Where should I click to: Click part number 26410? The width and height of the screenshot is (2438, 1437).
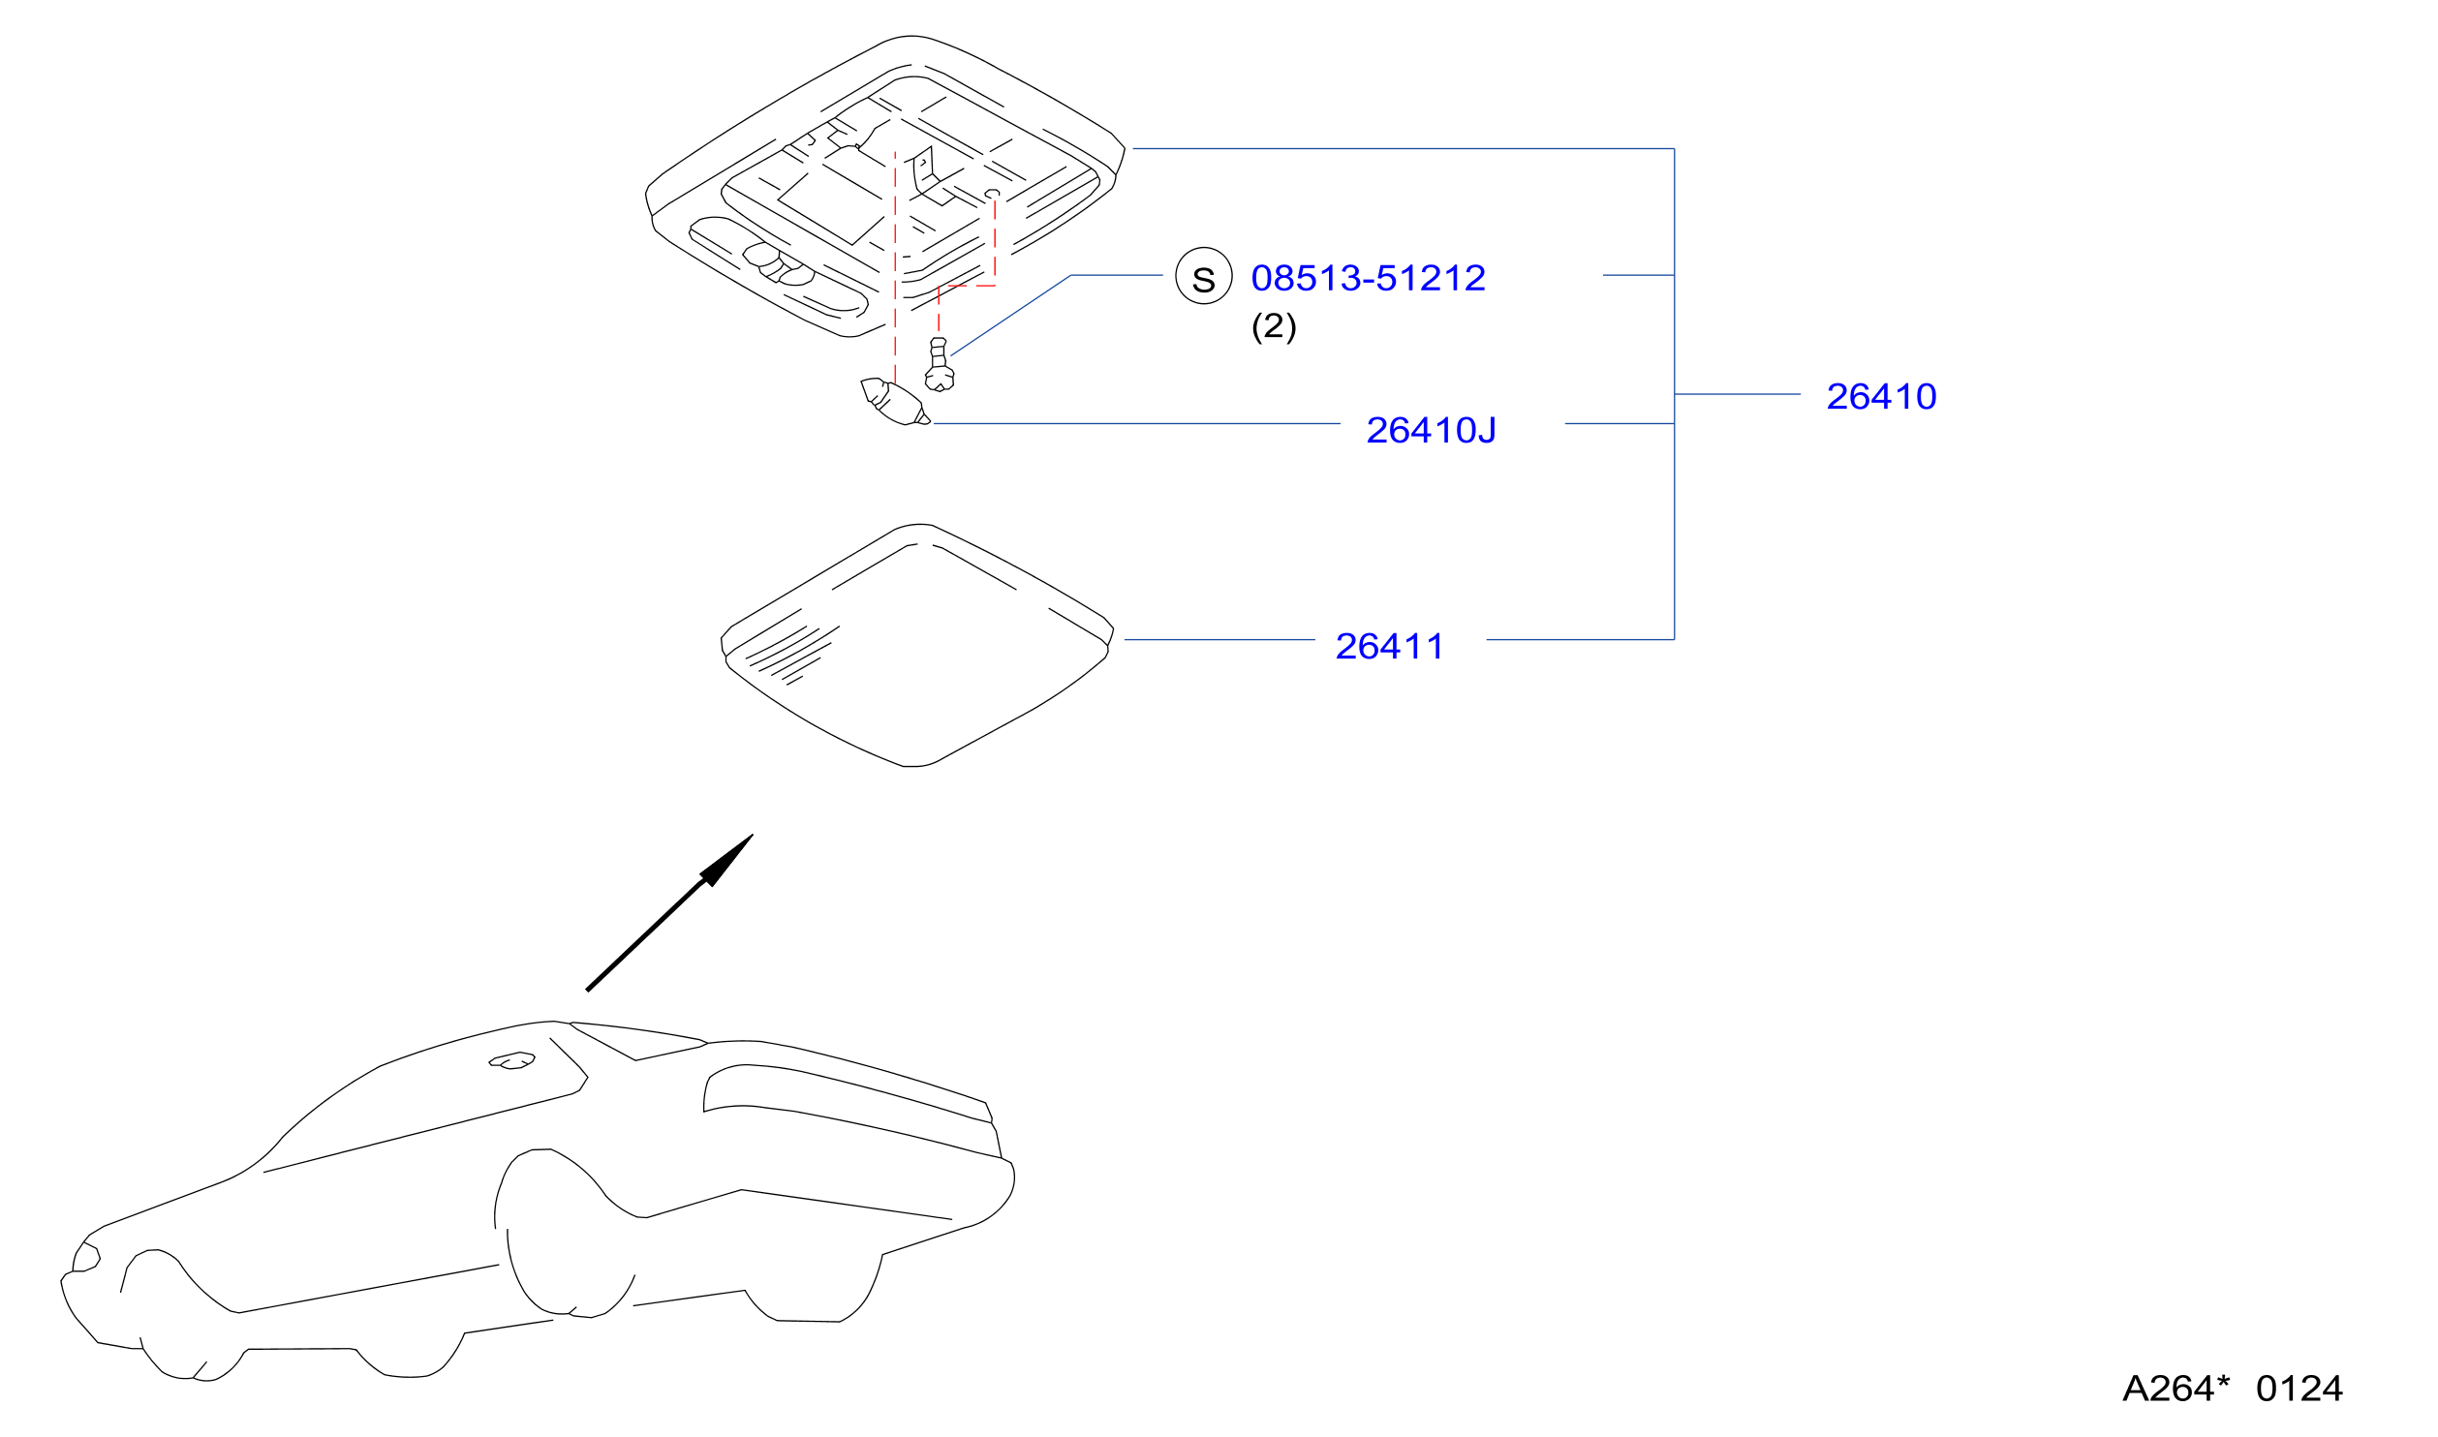pos(1881,397)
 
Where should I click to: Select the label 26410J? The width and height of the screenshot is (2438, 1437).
pos(1431,431)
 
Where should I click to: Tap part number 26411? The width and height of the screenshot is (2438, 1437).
pos(1389,647)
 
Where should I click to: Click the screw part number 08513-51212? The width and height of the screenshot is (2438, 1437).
pos(1368,279)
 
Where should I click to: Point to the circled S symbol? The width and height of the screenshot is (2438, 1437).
pos(1203,276)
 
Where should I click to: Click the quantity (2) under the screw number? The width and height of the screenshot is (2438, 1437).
pos(1274,326)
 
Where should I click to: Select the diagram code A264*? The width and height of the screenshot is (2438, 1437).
pos(2176,1389)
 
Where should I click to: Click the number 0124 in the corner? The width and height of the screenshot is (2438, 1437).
pos(2299,1389)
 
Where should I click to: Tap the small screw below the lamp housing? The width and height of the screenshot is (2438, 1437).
pos(939,364)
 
